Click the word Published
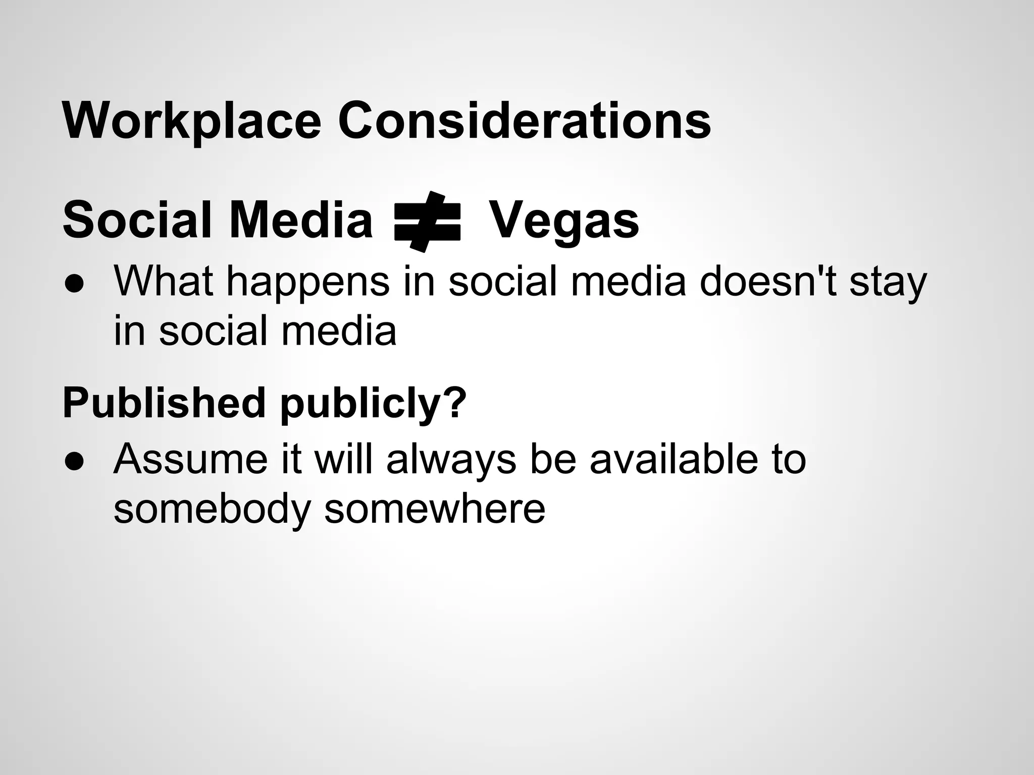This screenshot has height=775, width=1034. coord(164,403)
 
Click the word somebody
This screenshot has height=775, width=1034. coord(212,510)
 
